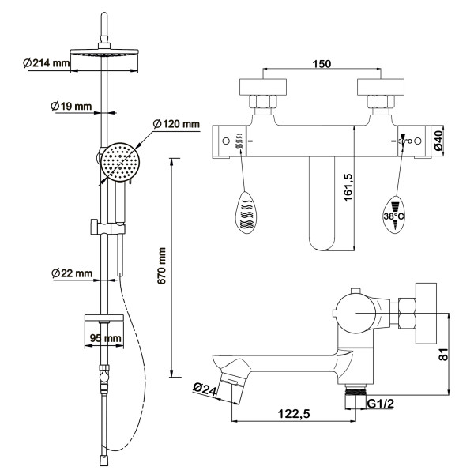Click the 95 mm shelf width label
[x=104, y=338]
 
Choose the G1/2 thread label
[x=380, y=404]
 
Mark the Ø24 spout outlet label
[x=204, y=388]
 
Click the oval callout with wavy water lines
[x=246, y=212]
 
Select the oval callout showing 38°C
[x=393, y=212]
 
